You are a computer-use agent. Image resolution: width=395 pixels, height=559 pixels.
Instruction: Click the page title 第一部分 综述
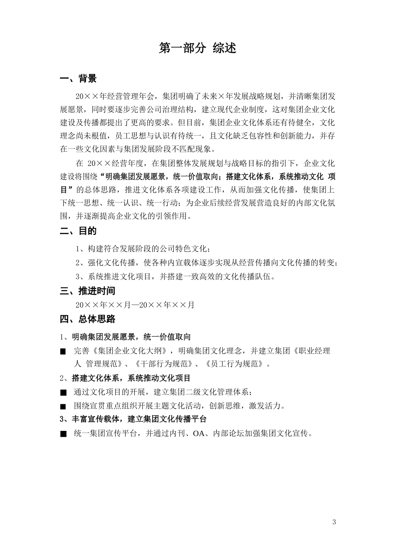click(197, 48)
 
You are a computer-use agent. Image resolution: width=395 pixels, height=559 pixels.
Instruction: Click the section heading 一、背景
click(78, 79)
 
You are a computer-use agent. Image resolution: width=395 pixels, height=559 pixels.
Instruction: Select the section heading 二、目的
click(78, 231)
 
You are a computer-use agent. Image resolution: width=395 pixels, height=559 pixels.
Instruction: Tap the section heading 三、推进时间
click(87, 291)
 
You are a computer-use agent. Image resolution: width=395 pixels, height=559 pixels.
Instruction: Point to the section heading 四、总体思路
click(87, 319)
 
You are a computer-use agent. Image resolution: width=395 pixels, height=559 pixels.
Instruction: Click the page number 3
click(334, 522)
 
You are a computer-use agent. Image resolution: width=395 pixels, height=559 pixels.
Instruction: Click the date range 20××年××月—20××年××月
click(135, 305)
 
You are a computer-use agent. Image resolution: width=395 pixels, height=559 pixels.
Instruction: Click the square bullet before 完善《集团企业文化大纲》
click(63, 351)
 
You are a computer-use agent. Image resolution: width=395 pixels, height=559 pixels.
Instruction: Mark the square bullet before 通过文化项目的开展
click(63, 392)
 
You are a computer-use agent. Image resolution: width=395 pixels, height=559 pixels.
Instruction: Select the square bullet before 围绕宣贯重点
click(63, 406)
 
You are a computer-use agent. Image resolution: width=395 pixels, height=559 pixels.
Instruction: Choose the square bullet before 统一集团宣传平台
click(63, 434)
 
